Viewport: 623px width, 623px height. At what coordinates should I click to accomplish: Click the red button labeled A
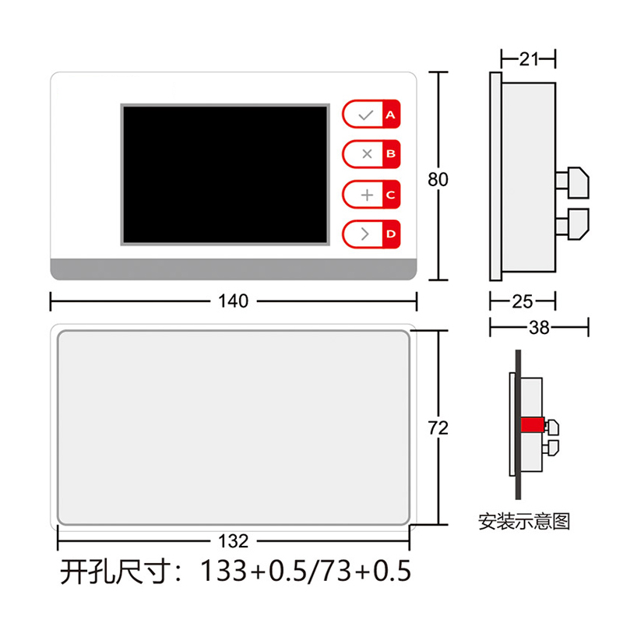click(390, 114)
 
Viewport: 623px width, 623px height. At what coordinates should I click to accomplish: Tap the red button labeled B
click(390, 154)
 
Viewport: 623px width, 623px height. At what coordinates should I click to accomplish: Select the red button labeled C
click(390, 194)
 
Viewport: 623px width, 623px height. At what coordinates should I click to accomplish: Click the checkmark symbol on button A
click(365, 114)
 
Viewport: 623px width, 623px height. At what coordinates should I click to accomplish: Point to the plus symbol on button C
click(367, 194)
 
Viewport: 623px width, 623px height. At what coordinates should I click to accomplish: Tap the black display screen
click(224, 174)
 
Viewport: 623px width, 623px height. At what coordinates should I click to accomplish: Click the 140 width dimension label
click(234, 301)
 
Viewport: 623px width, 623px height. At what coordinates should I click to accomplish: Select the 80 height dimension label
click(438, 179)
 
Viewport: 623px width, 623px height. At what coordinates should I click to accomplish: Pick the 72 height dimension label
click(438, 428)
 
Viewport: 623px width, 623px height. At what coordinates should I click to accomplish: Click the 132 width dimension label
click(234, 540)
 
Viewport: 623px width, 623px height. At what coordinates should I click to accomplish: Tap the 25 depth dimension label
click(523, 301)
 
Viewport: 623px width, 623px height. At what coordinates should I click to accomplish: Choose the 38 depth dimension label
click(539, 328)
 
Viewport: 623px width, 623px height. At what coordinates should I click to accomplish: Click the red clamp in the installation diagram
click(532, 425)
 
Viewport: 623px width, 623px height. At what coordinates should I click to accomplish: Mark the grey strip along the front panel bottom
click(234, 269)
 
